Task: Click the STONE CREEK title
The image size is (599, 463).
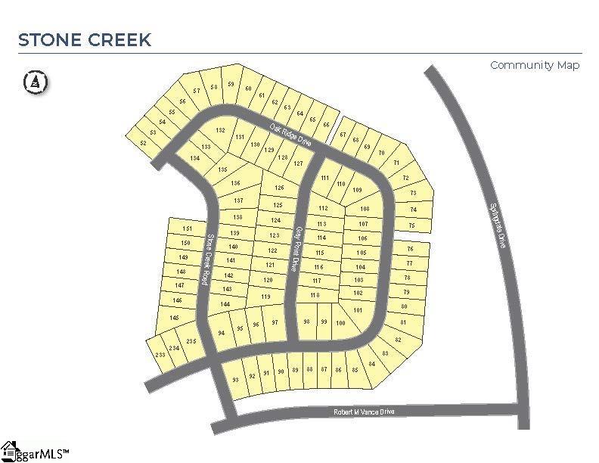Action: pos(84,39)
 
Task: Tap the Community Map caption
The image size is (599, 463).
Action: pos(535,65)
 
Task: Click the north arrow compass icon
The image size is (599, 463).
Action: pos(35,82)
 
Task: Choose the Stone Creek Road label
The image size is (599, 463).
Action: pos(206,257)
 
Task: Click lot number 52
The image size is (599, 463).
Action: pos(144,142)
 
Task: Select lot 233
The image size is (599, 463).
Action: pos(160,355)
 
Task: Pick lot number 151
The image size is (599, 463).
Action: pos(188,229)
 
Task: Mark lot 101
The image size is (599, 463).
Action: pos(358,311)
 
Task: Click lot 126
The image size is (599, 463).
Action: pos(279,188)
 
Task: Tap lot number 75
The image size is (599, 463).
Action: pos(412,225)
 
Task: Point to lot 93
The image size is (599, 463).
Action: pos(235,380)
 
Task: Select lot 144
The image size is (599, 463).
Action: pos(225,304)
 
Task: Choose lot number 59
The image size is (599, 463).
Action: pos(231,84)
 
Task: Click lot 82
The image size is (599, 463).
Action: pos(399,340)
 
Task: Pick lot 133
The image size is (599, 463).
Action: pos(206,146)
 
